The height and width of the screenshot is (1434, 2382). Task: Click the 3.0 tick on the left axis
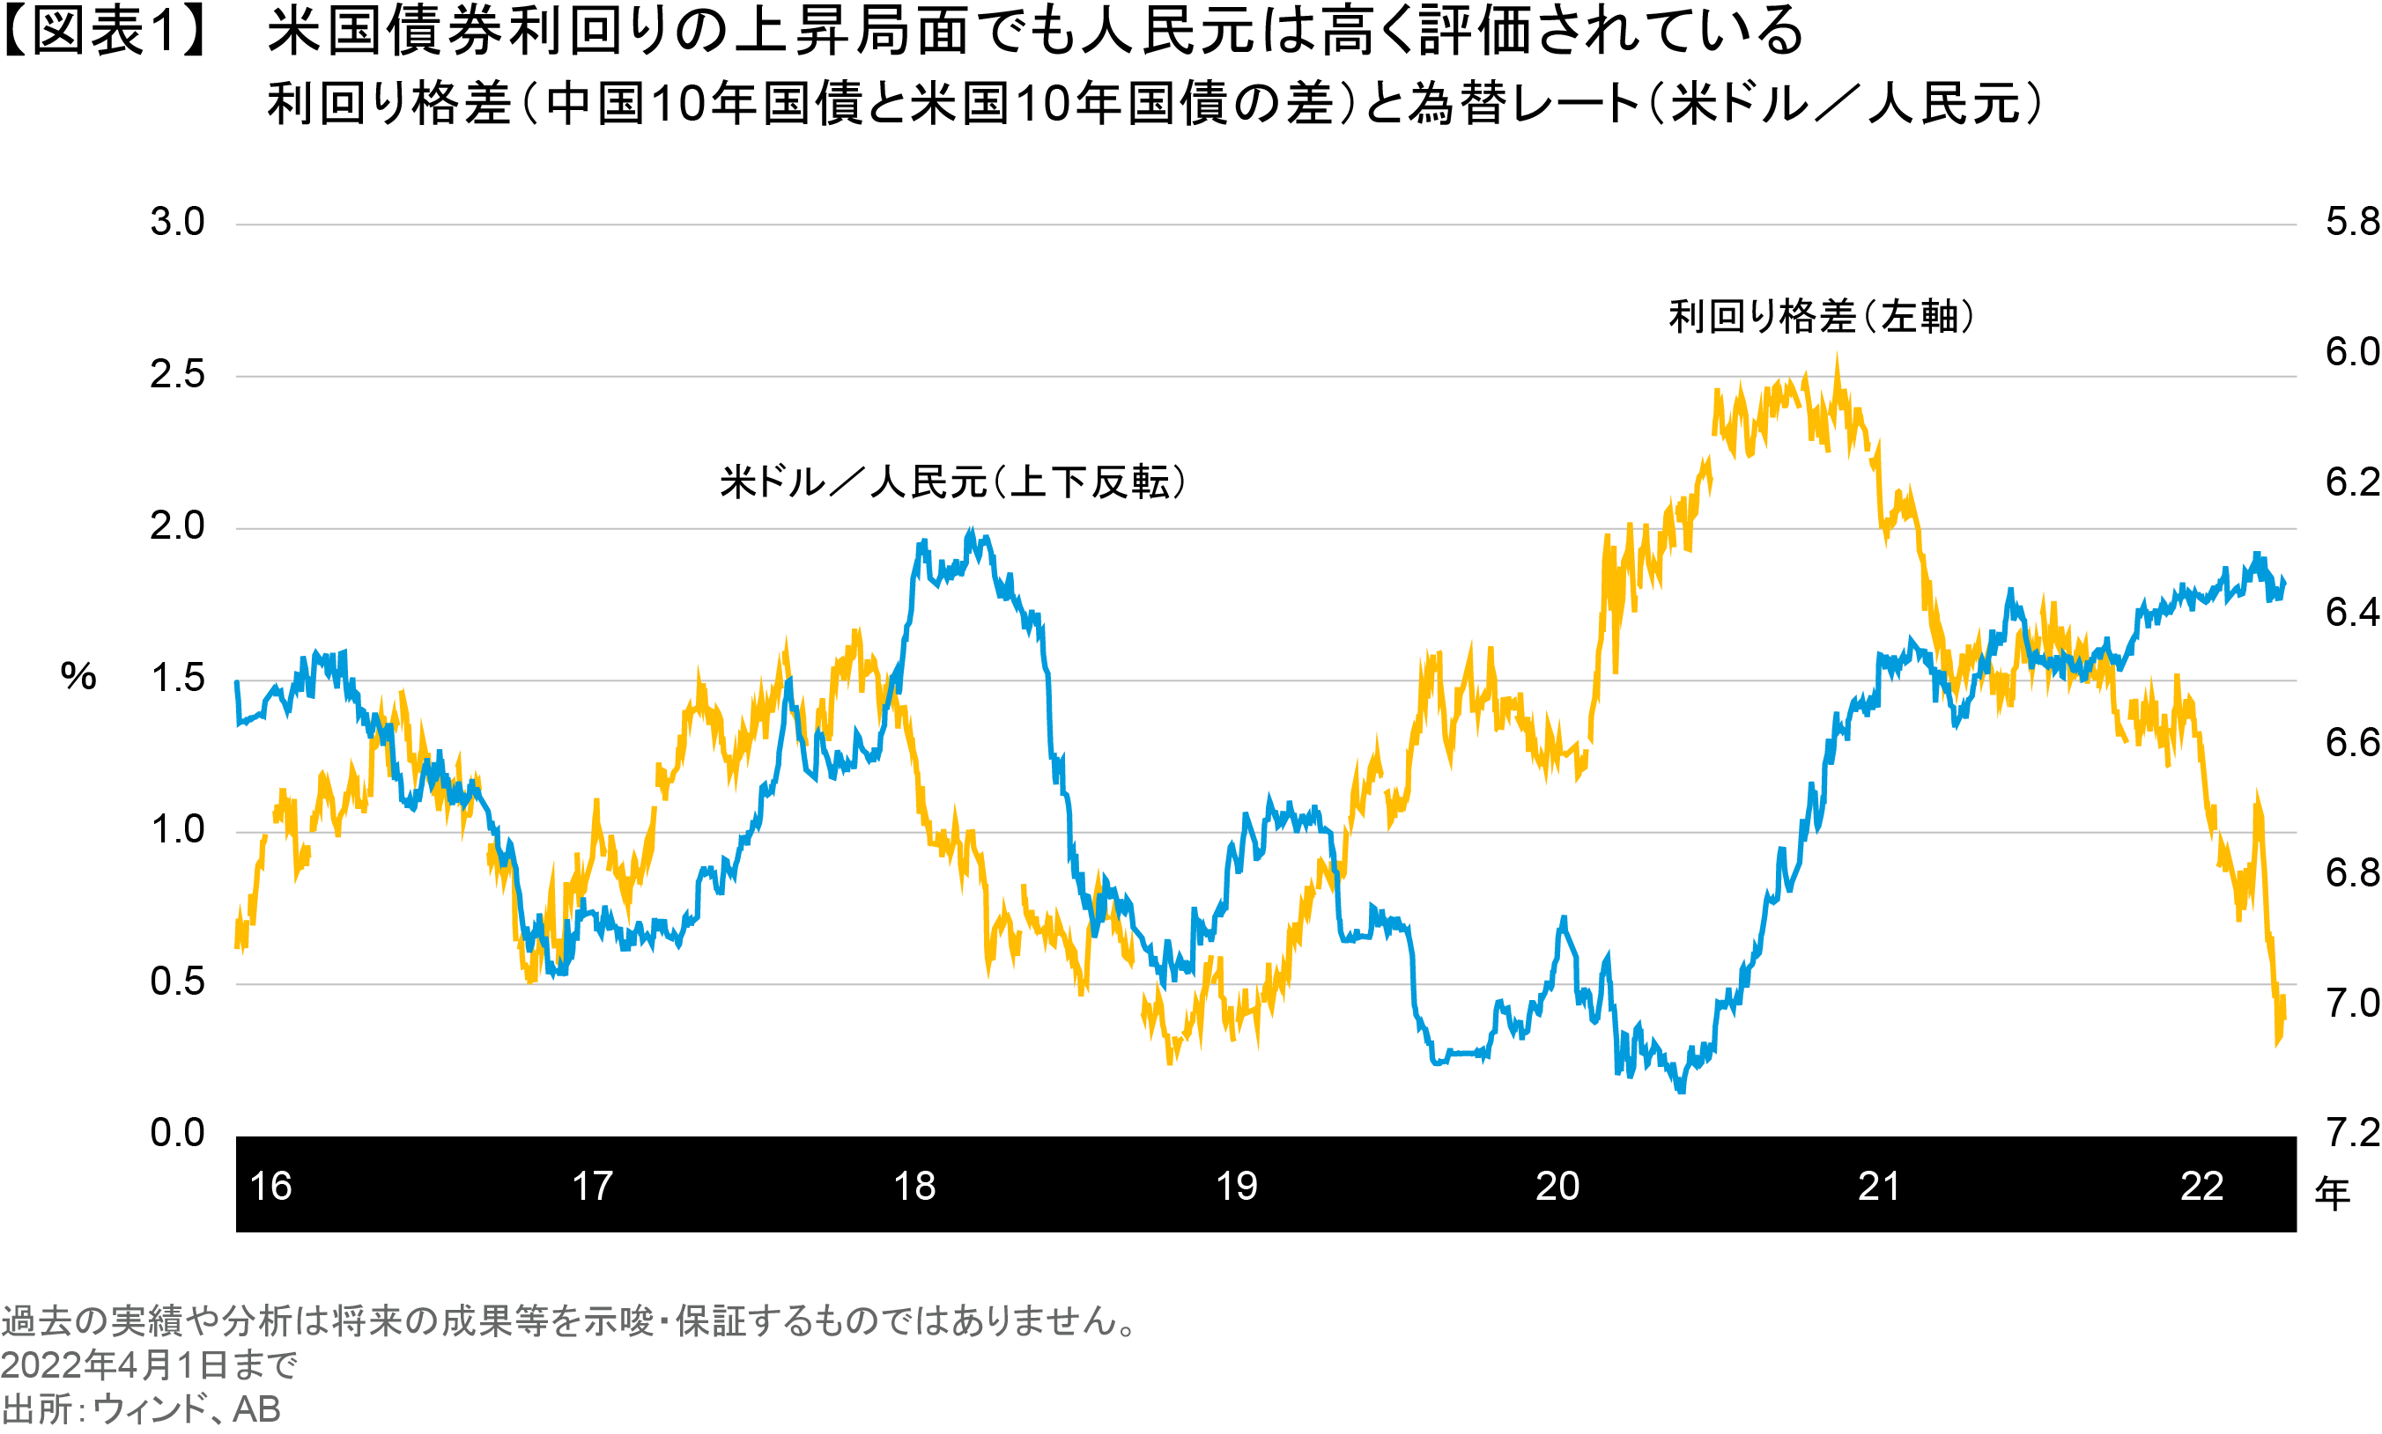[178, 224]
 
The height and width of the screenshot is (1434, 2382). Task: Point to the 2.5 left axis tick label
[178, 375]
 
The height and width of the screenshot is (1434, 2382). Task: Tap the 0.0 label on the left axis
[178, 1133]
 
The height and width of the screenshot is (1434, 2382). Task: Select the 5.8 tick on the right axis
[2351, 224]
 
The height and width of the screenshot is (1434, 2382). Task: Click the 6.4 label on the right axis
[2351, 613]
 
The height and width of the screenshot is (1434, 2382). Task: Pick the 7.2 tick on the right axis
[2351, 1133]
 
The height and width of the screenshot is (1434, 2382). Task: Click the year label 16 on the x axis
[270, 1187]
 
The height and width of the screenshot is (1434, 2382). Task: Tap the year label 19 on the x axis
[1237, 1187]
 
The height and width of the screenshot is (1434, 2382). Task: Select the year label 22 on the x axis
[2202, 1187]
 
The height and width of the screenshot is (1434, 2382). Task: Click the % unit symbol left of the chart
[78, 676]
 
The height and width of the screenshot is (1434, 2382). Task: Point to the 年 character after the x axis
[2332, 1195]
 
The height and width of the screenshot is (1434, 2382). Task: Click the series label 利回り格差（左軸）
[1822, 317]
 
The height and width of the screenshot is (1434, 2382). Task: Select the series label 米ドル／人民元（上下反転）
[953, 482]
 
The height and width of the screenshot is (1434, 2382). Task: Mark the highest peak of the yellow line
[1837, 355]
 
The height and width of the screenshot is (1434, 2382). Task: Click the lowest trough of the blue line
[1680, 1092]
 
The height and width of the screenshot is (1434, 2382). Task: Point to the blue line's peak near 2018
[972, 530]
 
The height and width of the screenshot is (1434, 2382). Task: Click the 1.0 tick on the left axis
[178, 830]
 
